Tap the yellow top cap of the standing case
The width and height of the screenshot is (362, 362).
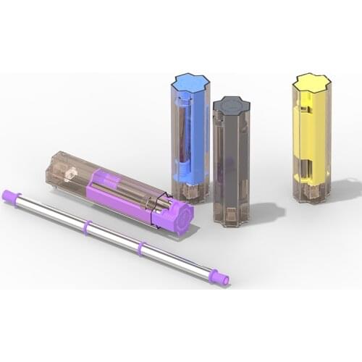[311, 83]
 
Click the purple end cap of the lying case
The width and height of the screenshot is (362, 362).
[177, 216]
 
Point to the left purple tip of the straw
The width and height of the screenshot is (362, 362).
[10, 195]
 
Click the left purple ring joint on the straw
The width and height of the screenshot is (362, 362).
[86, 227]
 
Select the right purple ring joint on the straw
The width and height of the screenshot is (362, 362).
[140, 248]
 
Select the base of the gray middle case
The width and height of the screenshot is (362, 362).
[232, 215]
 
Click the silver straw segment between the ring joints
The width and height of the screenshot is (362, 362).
[113, 237]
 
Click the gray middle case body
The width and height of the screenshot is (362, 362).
[231, 159]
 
